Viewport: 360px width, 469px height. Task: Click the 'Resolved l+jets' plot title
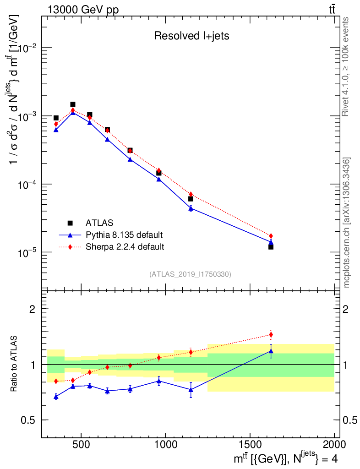(191, 36)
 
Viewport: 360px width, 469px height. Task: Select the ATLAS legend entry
(98, 223)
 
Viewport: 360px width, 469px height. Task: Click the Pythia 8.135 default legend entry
(124, 235)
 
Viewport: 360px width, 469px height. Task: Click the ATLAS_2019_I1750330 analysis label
(190, 274)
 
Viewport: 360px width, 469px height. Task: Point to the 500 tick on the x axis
(81, 444)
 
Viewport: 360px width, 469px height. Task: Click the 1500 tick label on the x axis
(250, 444)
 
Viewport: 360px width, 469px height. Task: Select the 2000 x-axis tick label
(334, 444)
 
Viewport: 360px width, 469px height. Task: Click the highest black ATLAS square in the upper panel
(72, 104)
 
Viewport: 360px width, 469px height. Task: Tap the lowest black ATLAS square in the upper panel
(271, 247)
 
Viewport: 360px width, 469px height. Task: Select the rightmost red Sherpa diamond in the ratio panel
(271, 334)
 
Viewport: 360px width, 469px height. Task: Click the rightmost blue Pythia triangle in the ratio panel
(271, 351)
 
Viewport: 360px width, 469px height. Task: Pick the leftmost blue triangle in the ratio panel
(56, 397)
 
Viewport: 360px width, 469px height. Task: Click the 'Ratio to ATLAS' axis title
(14, 364)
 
